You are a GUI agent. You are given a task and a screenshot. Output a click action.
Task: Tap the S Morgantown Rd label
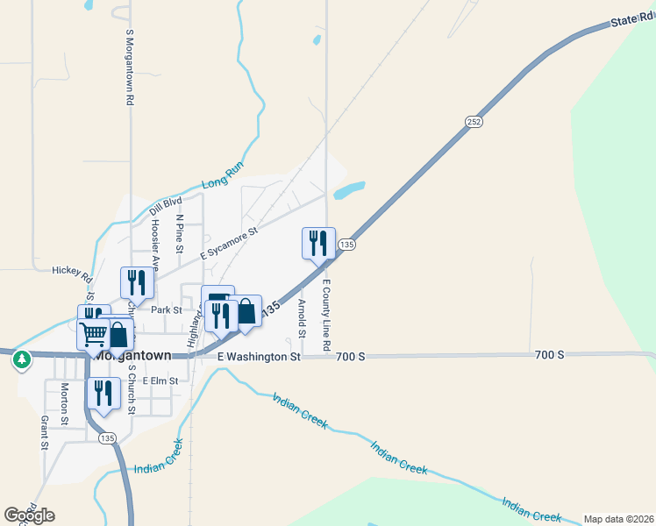point(129,68)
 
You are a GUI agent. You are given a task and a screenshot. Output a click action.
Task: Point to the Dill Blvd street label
point(165,206)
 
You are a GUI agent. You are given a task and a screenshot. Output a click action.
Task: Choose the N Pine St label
point(179,234)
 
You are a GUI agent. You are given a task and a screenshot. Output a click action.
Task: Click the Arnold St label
point(301,318)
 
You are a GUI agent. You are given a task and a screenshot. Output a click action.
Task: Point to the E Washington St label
point(259,357)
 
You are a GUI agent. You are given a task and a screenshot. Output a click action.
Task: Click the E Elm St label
point(160,380)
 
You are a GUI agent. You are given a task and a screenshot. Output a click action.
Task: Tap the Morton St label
point(65,403)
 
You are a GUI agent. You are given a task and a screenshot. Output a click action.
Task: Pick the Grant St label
point(44,432)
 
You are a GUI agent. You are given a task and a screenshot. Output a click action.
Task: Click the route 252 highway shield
point(473,121)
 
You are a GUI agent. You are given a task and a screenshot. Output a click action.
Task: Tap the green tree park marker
point(21,359)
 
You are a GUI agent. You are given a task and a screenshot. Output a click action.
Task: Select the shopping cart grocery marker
point(93,333)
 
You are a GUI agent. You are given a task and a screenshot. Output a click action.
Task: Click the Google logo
point(29,515)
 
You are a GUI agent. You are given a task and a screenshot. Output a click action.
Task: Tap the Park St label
point(166,309)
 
